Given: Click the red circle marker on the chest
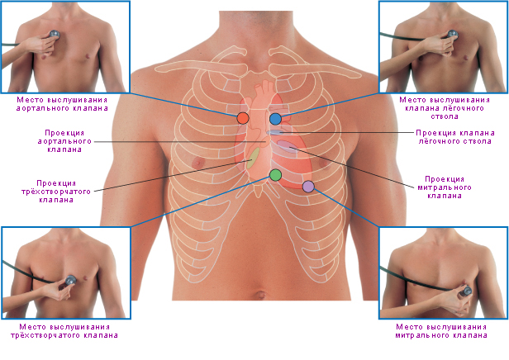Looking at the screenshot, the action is pos(242,118).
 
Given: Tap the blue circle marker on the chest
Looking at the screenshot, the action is pos(275,118).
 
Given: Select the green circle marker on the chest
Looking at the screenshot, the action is pos(275,174).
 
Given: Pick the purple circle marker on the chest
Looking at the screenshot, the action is pos(308,187).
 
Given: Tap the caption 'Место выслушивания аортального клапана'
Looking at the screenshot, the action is pos(66,103).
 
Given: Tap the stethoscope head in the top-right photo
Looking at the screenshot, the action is pos(452,36).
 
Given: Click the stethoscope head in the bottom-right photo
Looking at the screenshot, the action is pos(466,290).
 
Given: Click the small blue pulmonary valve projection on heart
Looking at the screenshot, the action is pos(275,132).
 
